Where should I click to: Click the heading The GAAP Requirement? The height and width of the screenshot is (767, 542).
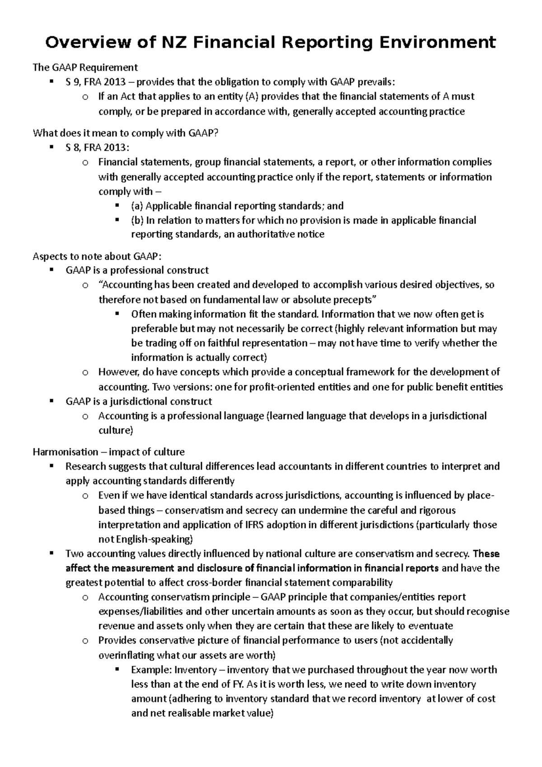tap(85, 67)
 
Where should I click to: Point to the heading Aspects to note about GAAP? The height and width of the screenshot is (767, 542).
tap(97, 256)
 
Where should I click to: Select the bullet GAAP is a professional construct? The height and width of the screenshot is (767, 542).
tap(137, 270)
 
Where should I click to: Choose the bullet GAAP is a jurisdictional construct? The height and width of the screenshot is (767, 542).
tap(139, 401)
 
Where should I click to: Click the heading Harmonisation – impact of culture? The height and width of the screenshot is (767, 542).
tap(108, 452)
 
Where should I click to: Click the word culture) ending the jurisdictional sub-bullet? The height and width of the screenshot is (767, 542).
tap(116, 430)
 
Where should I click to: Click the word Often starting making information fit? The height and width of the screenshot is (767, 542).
tap(143, 314)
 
